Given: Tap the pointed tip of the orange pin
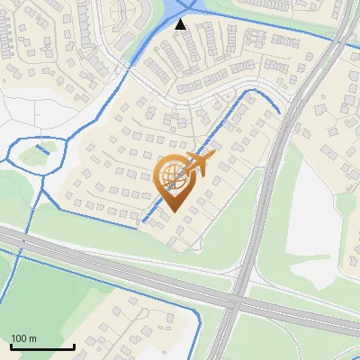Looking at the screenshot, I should click(x=171, y=212).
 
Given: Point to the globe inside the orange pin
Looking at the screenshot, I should click(x=171, y=176).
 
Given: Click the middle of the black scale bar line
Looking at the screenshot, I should click(x=42, y=346).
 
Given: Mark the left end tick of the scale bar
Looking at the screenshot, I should click(x=11, y=345).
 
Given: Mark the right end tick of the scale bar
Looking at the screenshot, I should click(x=74, y=345).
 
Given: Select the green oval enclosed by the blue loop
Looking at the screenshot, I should click(x=33, y=155).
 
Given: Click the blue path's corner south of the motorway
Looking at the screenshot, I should click(x=194, y=307).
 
